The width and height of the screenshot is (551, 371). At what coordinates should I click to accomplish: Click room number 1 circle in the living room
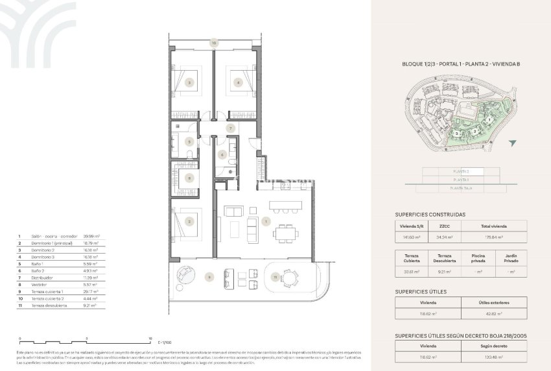tap(266, 221)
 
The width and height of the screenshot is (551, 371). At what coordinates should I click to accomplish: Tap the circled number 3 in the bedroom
tap(189, 82)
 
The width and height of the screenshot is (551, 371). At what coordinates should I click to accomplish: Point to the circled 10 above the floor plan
tap(213, 43)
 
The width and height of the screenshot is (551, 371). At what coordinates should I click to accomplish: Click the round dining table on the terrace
tap(290, 278)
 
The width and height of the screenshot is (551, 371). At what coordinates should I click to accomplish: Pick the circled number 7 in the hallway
tap(229, 128)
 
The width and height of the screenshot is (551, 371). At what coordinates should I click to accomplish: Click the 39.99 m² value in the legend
tap(91, 237)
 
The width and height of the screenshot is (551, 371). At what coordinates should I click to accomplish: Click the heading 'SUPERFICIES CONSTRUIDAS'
tap(429, 214)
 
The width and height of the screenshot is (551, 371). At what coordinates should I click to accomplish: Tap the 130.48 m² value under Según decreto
tap(494, 357)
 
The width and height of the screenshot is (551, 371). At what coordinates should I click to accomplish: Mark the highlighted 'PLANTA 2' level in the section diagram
tap(461, 172)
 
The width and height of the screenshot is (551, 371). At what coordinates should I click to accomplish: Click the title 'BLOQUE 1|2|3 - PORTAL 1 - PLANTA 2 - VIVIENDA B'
tap(461, 64)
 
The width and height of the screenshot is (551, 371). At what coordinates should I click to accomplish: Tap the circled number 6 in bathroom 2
tap(222, 154)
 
